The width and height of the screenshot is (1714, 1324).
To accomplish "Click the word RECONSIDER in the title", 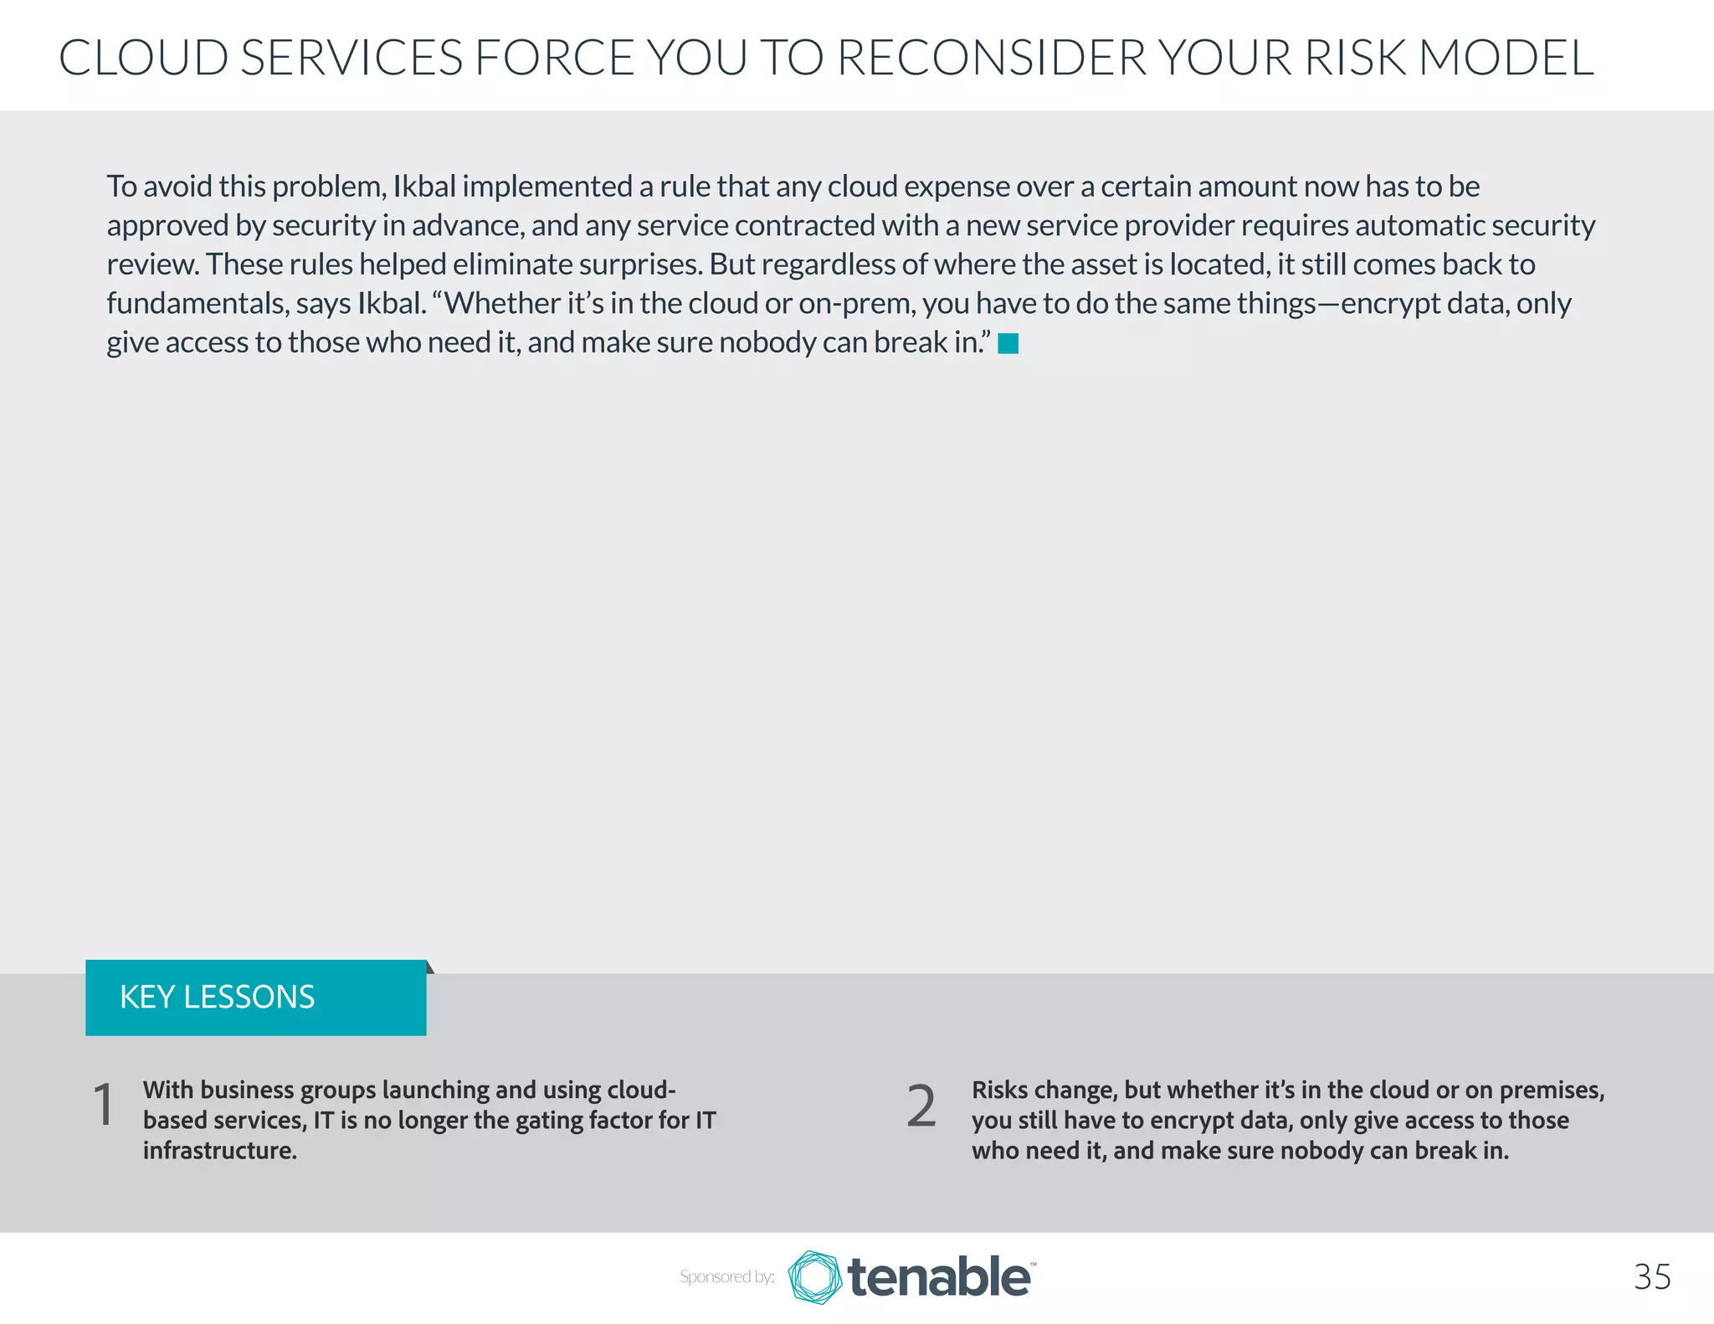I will click(x=991, y=58).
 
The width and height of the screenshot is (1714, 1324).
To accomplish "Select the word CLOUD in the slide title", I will click(x=143, y=58).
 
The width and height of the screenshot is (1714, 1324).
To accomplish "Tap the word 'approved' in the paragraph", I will click(x=167, y=226).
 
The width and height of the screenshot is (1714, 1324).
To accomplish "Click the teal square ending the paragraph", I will click(x=1008, y=344).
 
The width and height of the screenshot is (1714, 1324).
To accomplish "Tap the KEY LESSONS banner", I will click(x=256, y=998).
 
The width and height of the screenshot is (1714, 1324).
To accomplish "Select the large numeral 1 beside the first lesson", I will click(x=104, y=1106).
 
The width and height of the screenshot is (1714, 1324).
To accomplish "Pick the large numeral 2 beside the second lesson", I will click(x=921, y=1106).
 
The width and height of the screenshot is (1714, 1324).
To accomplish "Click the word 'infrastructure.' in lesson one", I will click(x=220, y=1151).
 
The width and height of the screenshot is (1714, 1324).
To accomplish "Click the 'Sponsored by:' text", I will click(x=726, y=1277).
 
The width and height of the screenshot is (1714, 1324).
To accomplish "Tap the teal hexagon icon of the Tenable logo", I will click(x=814, y=1277).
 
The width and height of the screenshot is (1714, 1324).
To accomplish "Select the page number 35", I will click(x=1652, y=1277).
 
